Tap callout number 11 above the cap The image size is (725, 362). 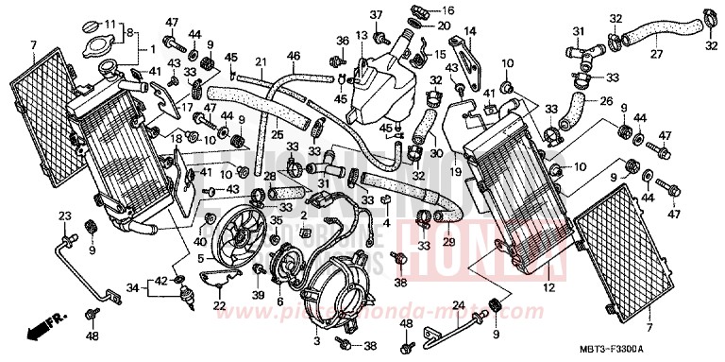[109, 24]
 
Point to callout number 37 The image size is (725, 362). [375, 15]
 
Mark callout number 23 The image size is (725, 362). [65, 216]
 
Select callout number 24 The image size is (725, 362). [456, 304]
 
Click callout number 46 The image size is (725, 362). [294, 57]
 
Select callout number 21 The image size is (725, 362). [258, 62]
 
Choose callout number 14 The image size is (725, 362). [470, 31]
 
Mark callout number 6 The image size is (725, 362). [278, 302]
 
